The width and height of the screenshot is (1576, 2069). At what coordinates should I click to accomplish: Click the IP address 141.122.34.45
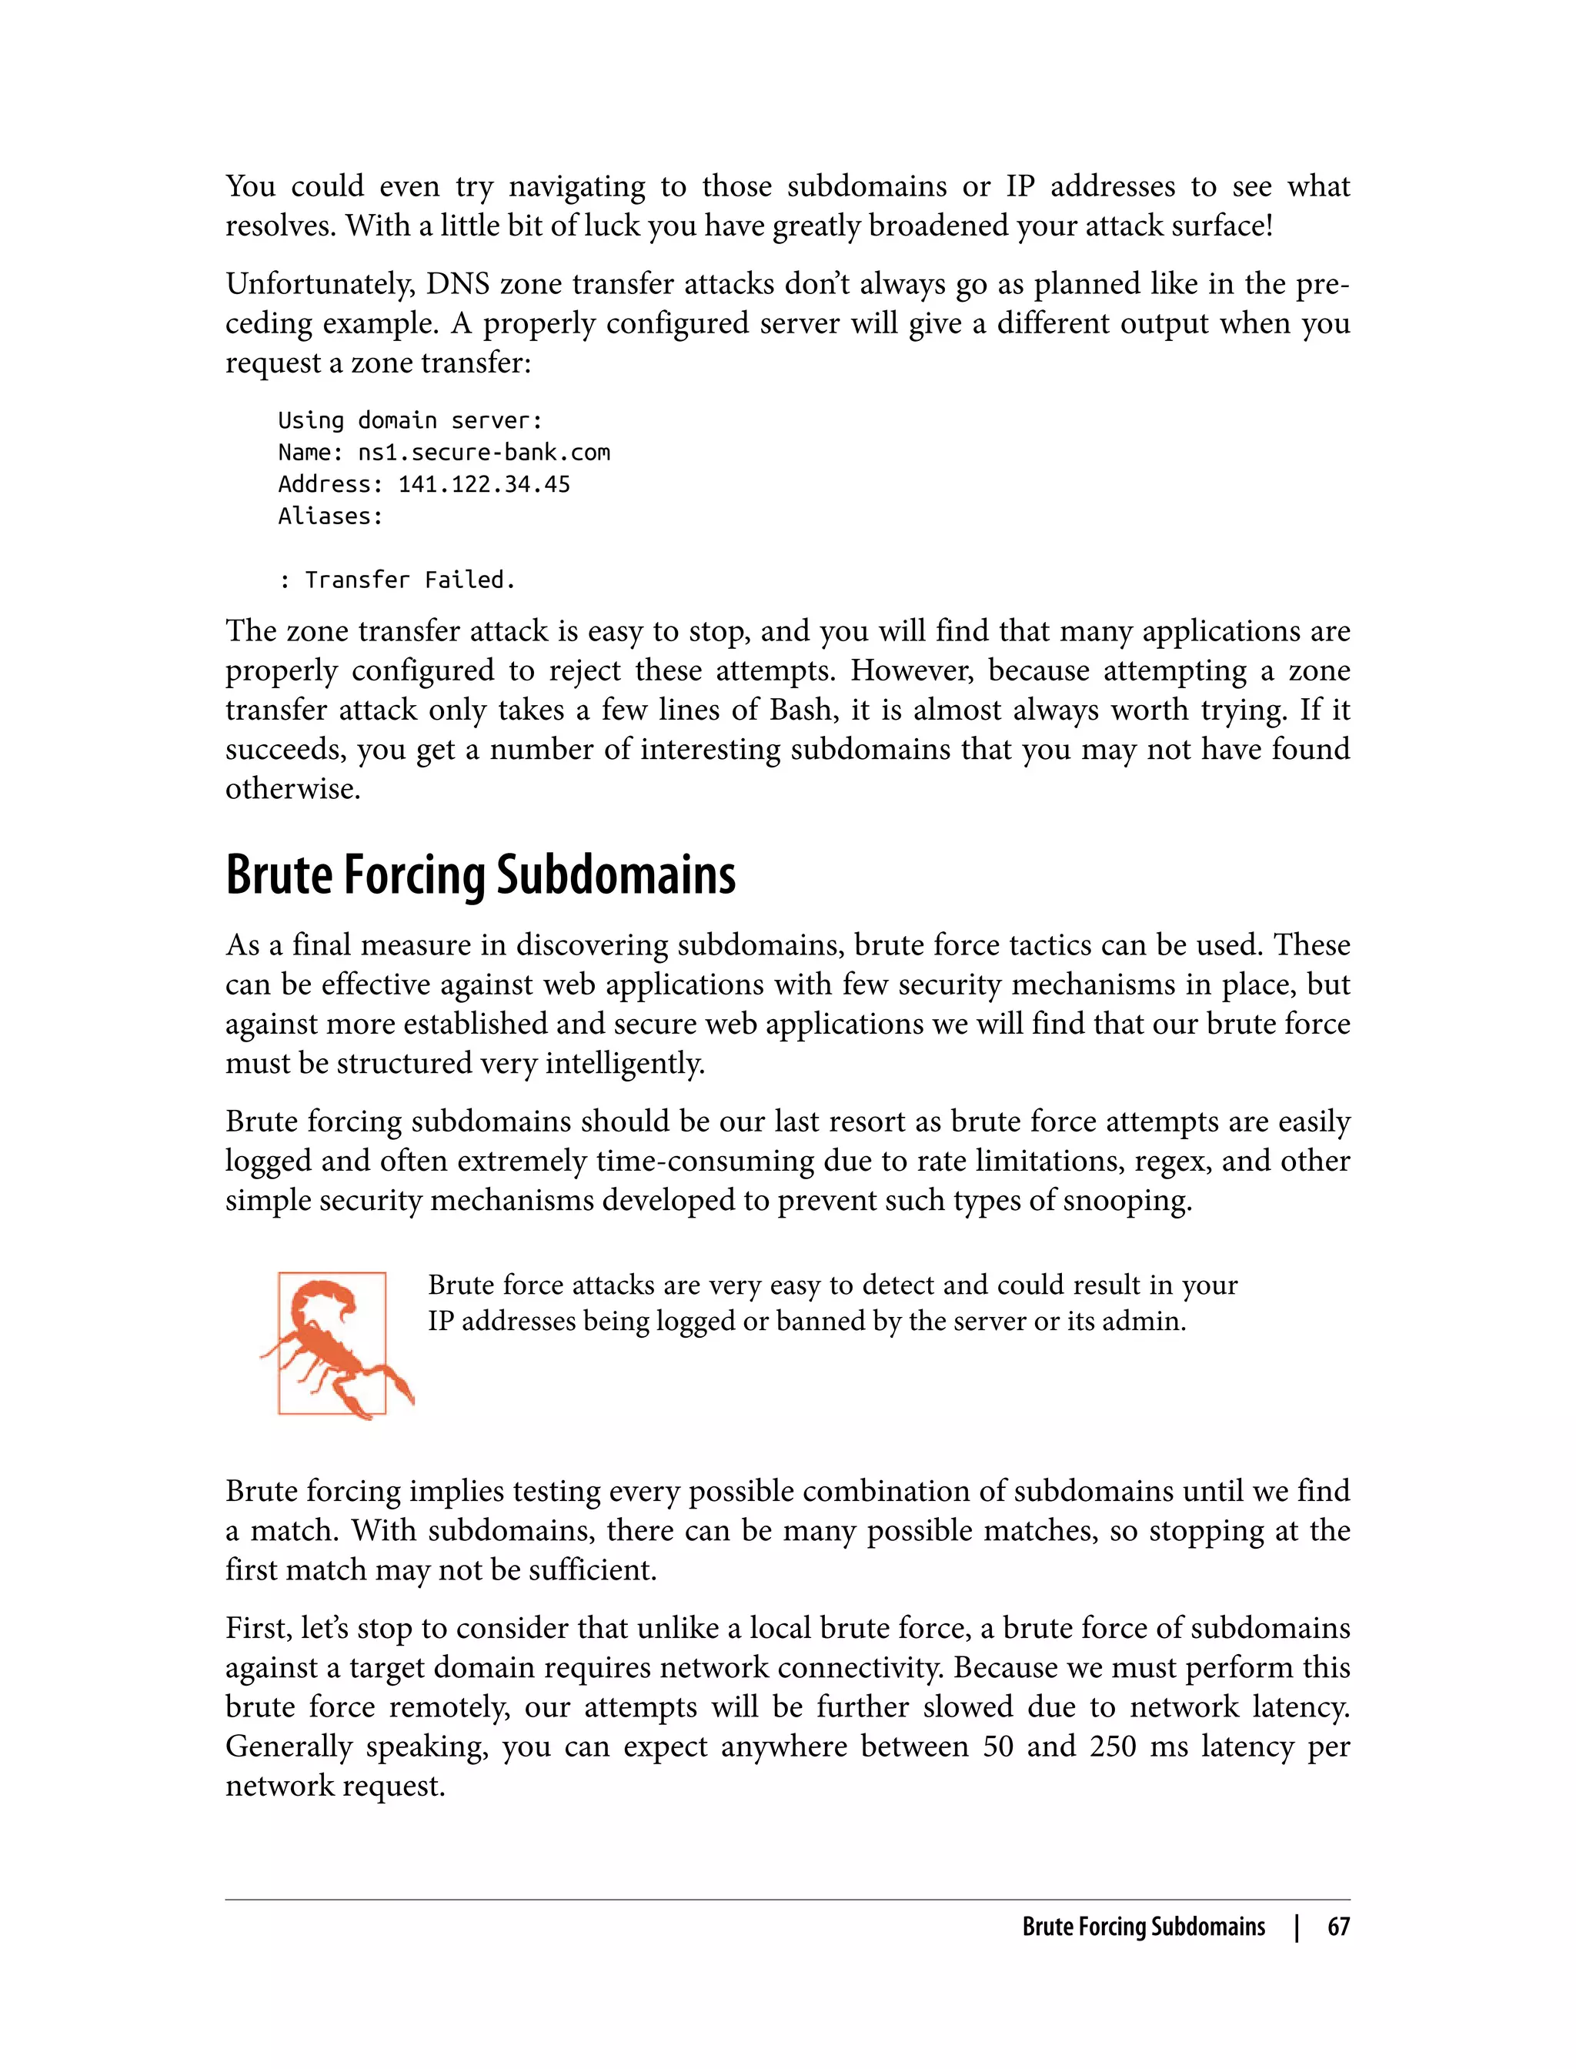(x=484, y=484)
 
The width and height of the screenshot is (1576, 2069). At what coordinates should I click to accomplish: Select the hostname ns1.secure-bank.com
(x=484, y=453)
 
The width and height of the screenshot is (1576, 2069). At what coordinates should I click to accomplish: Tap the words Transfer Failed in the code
(x=410, y=580)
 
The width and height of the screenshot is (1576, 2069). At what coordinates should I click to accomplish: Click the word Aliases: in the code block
(x=330, y=516)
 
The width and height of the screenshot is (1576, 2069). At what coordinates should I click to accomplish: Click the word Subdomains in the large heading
(x=616, y=874)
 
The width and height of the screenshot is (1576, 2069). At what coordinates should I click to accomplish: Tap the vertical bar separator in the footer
(x=1297, y=1927)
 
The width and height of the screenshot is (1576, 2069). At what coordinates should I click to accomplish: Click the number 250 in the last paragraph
(x=1113, y=1746)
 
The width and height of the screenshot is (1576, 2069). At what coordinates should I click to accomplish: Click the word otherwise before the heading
(x=292, y=788)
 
